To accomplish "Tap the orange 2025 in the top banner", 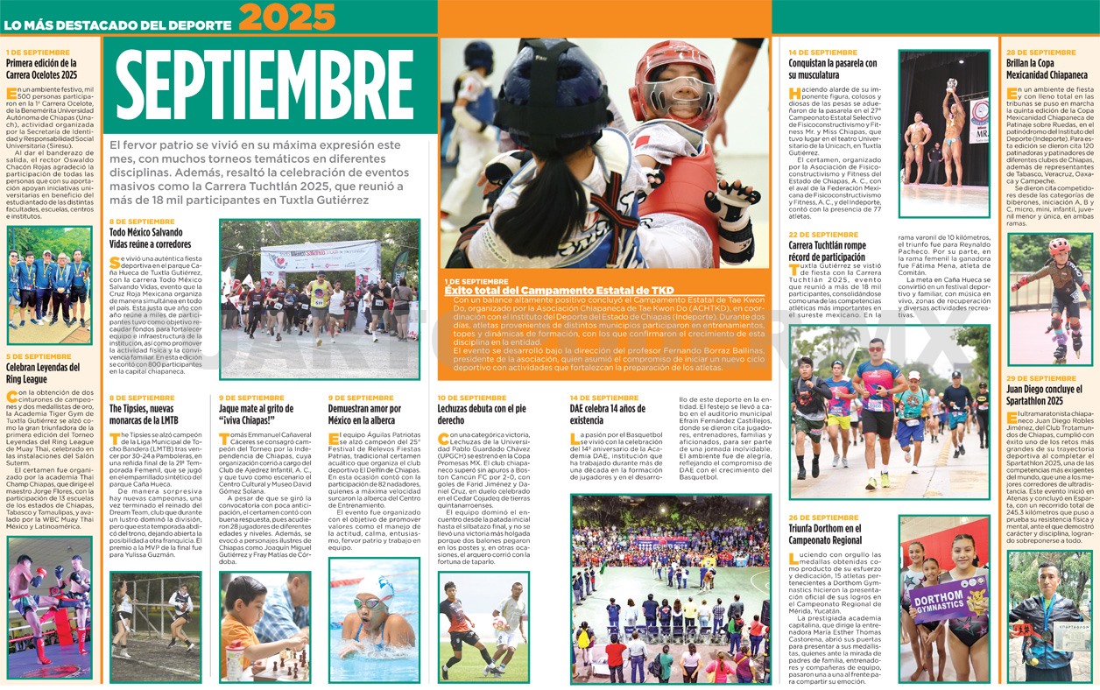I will click(286, 18).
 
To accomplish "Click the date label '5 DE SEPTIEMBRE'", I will click(39, 356).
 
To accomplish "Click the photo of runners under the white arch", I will click(320, 298).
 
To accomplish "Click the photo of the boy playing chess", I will click(264, 627).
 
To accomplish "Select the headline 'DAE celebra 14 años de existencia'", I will click(609, 414).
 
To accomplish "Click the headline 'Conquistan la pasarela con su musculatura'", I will click(832, 69).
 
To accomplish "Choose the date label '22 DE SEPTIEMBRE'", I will click(822, 235).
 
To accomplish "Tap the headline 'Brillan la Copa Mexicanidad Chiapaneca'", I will click(1047, 69).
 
